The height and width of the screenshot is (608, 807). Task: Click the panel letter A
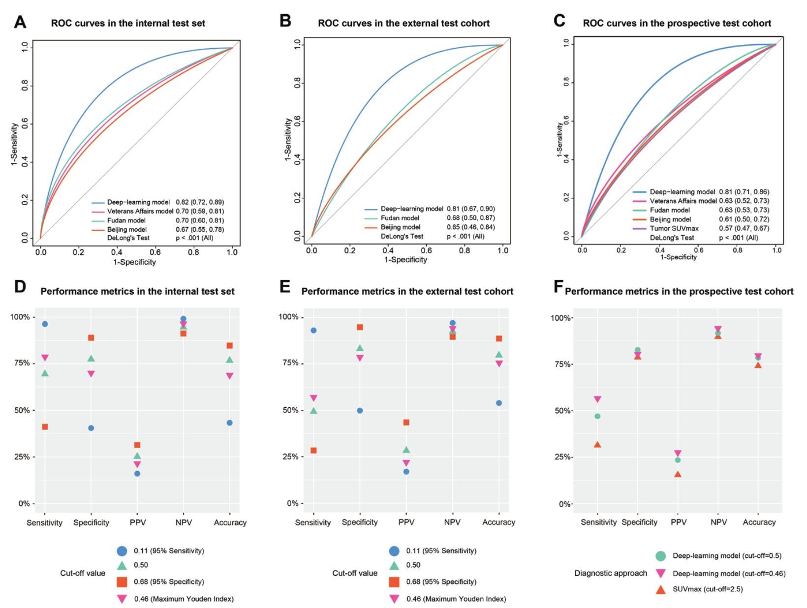click(20, 22)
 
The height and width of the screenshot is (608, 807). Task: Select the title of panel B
click(403, 23)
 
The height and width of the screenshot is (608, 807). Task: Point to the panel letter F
click(558, 286)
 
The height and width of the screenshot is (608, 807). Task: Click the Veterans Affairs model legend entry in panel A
click(140, 212)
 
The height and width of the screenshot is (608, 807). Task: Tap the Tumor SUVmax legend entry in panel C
click(674, 228)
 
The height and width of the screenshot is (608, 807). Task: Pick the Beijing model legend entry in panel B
click(400, 227)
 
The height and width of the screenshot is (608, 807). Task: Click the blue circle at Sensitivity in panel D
click(45, 324)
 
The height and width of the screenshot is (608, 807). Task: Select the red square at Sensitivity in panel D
click(45, 427)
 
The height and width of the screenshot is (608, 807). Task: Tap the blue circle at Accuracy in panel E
click(499, 403)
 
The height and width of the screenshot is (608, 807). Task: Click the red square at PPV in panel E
click(406, 423)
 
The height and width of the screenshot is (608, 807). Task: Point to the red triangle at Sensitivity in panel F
click(597, 445)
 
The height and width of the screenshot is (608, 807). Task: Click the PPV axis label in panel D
click(138, 522)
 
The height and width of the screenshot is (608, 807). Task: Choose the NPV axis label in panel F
click(718, 522)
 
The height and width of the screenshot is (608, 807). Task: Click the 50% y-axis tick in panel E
click(290, 410)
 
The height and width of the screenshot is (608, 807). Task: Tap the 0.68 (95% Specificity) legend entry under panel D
click(169, 582)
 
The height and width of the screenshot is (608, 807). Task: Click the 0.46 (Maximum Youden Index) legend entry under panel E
click(456, 599)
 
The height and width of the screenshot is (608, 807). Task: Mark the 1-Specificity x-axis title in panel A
click(134, 262)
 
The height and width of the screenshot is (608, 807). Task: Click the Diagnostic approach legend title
click(611, 573)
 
